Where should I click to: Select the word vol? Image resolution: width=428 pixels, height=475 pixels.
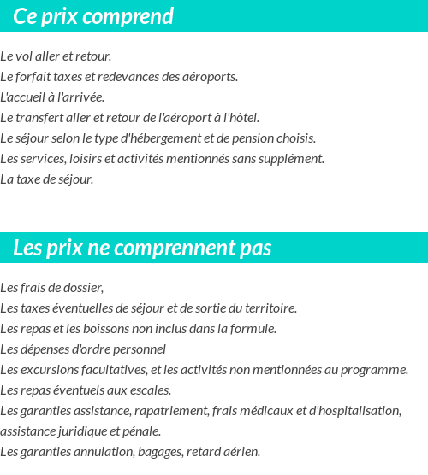click(24, 56)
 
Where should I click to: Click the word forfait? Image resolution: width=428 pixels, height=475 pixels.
click(32, 77)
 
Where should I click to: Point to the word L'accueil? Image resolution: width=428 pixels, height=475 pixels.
click(21, 97)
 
